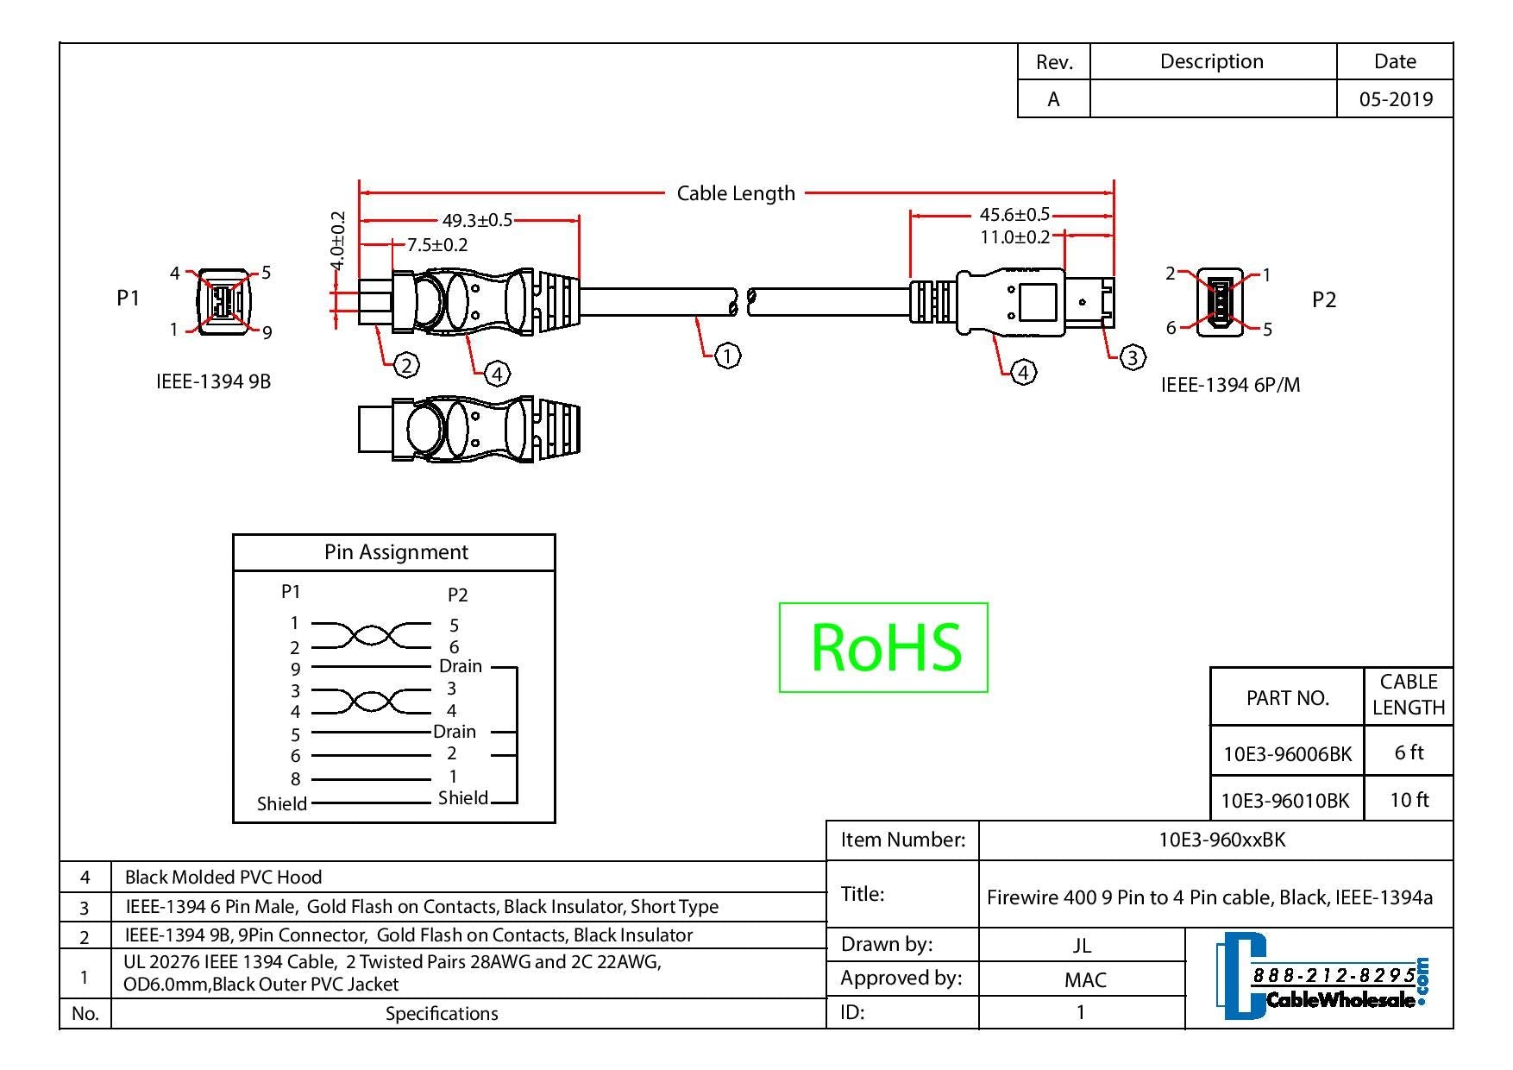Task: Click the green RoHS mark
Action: [883, 647]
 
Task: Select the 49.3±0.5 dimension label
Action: [477, 220]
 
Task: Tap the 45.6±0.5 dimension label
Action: [1014, 214]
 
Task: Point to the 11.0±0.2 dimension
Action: [1014, 236]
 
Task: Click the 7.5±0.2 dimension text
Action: [437, 244]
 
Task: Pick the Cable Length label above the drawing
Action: [736, 193]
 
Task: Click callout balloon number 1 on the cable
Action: [728, 355]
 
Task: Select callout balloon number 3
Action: [1132, 356]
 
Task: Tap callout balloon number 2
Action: [406, 365]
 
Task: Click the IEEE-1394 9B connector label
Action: [213, 381]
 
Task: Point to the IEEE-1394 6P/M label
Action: [1229, 385]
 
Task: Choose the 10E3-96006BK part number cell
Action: [1287, 753]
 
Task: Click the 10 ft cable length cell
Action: [1409, 800]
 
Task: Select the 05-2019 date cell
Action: [1396, 99]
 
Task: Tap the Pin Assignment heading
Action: [396, 552]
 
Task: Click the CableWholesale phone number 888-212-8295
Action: [1334, 975]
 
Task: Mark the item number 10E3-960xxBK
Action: [1221, 840]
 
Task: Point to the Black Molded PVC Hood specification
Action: [223, 877]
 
